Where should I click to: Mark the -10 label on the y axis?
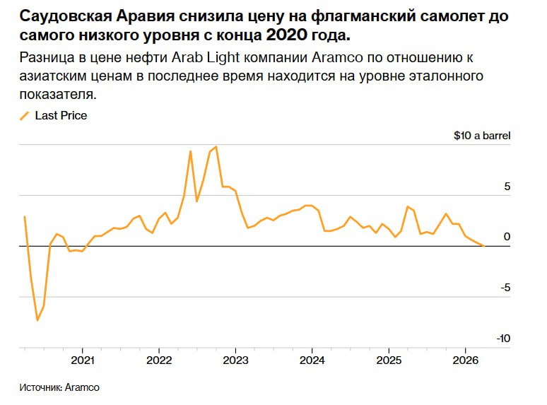click(x=502, y=339)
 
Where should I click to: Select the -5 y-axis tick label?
click(x=505, y=288)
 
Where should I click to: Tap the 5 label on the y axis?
click(x=507, y=187)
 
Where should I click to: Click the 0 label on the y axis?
click(x=507, y=237)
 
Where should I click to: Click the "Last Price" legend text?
click(x=61, y=115)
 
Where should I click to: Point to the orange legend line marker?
click(x=25, y=115)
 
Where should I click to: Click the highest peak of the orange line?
click(x=216, y=147)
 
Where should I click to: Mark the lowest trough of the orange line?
click(x=37, y=320)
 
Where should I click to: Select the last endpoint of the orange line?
click(x=483, y=245)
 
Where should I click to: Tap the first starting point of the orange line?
click(x=25, y=217)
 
